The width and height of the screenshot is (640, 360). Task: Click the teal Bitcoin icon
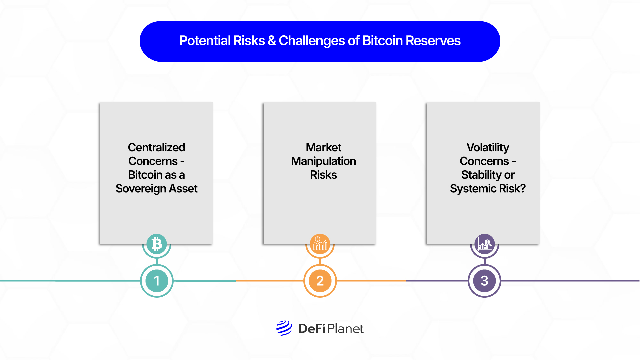pos(157,244)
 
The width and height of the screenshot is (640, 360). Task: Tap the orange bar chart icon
pos(320,244)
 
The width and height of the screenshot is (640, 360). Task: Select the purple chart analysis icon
pos(485,244)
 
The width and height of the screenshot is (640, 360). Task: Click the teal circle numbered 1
pos(157,281)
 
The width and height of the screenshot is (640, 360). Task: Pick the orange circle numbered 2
pos(320,281)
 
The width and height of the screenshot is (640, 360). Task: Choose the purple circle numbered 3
pos(485,281)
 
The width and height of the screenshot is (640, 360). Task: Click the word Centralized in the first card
pos(156,147)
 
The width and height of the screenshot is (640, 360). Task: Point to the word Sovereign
pos(141,189)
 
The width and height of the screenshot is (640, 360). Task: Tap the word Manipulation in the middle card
pos(323,161)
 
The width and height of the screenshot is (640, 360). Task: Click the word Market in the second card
pos(323,147)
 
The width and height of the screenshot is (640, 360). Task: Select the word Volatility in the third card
pos(488,147)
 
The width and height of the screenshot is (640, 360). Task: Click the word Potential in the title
pos(205,41)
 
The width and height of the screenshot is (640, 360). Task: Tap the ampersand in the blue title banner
pos(272,41)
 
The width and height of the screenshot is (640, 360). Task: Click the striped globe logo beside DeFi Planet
pos(284,328)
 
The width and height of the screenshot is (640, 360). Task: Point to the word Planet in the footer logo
pos(345,329)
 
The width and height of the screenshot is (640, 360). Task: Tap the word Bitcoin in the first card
pos(145,175)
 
